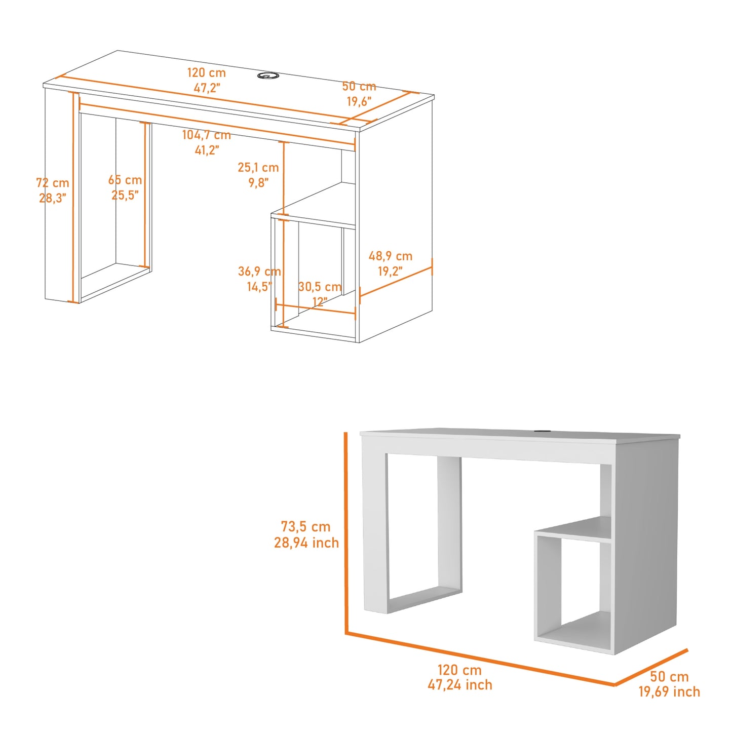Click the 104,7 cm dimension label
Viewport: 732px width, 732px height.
click(206, 135)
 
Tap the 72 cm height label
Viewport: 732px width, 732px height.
click(53, 183)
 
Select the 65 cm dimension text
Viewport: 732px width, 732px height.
click(125, 180)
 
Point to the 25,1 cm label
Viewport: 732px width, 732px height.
click(258, 167)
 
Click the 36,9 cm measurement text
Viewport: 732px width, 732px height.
click(259, 272)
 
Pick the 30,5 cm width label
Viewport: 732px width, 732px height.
click(320, 287)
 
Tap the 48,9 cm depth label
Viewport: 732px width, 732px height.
click(390, 256)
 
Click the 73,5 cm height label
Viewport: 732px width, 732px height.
click(305, 527)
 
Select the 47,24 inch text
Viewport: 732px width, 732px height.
click(459, 685)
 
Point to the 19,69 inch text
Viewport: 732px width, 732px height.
click(669, 691)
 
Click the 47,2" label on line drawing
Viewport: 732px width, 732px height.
click(207, 88)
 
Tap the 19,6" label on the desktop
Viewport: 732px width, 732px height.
click(359, 101)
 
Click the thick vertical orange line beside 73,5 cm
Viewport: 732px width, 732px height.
click(346, 532)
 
